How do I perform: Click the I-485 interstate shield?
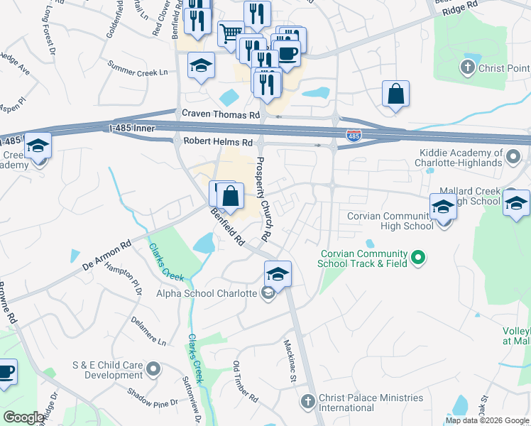pos(353,135)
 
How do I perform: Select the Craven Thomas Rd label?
pos(221,114)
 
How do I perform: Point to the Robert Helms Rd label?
pos(218,142)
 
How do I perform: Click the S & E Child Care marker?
pos(154,369)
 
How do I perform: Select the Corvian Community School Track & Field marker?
pos(418,258)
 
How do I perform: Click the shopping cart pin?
pos(230,33)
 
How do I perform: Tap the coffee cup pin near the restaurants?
pos(288,53)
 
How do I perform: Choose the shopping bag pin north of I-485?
pos(395,94)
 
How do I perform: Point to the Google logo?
pos(23,417)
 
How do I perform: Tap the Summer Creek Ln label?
pos(137,72)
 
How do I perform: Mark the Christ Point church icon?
pos(467,68)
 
